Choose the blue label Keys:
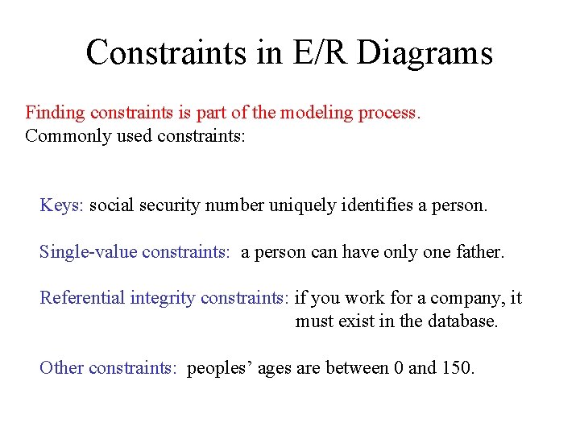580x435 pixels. (61, 205)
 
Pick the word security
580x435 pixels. (171, 205)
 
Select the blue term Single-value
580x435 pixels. (88, 252)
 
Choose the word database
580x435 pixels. (462, 321)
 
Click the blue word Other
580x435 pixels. (61, 368)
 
